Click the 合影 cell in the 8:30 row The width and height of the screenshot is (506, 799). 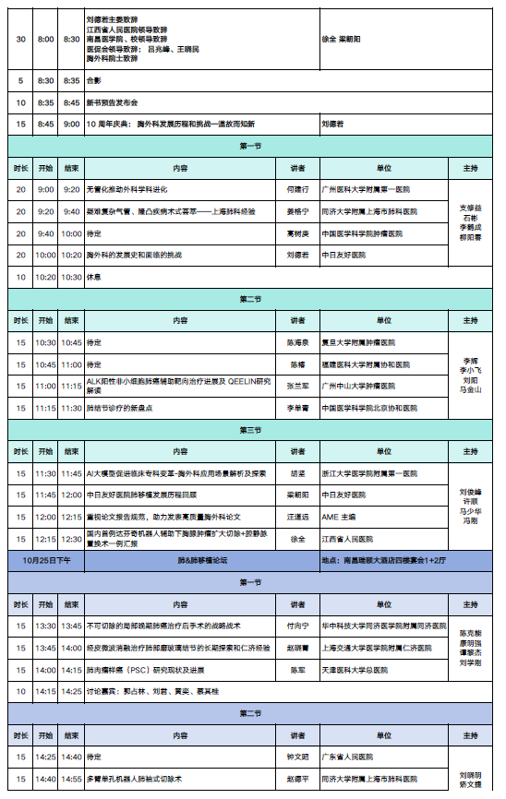[x=93, y=80]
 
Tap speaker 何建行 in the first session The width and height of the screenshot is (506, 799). [x=296, y=189]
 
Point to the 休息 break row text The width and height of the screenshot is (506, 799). [x=93, y=276]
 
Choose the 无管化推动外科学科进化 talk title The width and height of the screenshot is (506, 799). [x=126, y=189]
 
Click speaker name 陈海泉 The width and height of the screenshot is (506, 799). [x=296, y=342]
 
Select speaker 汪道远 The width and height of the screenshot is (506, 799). [x=296, y=517]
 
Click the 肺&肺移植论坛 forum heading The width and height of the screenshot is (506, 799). [x=202, y=560]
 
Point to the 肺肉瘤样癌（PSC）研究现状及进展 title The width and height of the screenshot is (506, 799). [x=149, y=670]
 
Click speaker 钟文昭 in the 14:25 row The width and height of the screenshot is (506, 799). [x=296, y=757]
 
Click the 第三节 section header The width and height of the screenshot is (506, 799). [x=250, y=430]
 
